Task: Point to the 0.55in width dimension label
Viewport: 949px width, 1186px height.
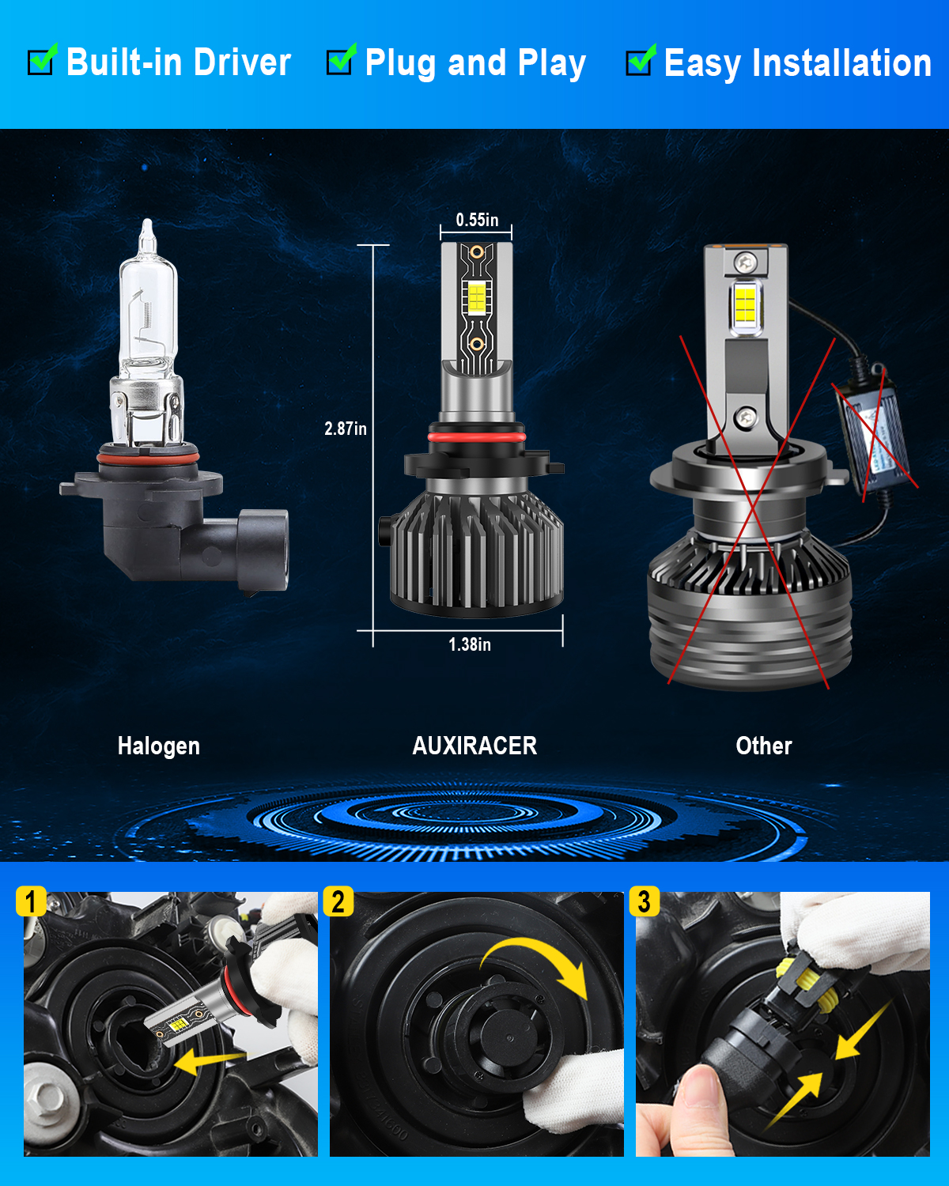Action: tap(477, 220)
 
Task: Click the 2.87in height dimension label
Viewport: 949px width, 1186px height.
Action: tap(345, 429)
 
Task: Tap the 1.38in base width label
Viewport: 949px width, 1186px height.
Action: tap(469, 644)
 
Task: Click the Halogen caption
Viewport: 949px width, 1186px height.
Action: tap(159, 746)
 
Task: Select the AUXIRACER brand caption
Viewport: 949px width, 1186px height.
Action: tap(475, 746)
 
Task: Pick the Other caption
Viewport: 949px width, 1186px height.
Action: tap(764, 746)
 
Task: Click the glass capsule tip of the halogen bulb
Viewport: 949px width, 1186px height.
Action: tap(147, 232)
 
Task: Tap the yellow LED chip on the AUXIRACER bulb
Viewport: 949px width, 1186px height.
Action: tap(476, 298)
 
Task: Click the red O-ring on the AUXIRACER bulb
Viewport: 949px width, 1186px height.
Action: tap(476, 437)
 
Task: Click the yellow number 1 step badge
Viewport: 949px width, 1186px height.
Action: tap(31, 901)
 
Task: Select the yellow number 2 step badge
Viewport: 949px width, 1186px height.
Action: tap(338, 901)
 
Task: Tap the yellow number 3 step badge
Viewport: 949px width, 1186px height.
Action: tap(644, 901)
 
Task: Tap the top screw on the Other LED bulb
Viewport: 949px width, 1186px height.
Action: tap(746, 262)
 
